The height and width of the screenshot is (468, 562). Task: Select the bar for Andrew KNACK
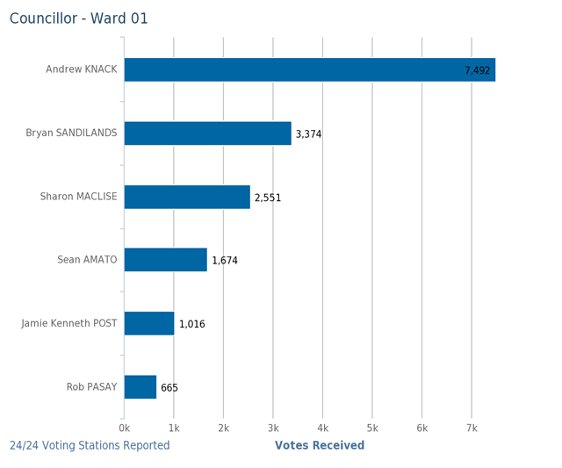tap(309, 70)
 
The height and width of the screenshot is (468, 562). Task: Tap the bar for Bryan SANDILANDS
tap(207, 133)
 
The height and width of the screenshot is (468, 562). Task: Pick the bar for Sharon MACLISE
tap(187, 197)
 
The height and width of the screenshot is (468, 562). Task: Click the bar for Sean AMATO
tap(165, 260)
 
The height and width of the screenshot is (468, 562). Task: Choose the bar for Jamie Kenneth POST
tap(149, 323)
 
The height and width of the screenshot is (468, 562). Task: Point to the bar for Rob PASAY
tap(140, 387)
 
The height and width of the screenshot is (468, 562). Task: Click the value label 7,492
tap(478, 71)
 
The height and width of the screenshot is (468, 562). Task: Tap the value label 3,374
tap(308, 134)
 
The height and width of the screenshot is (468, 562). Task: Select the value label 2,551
tap(268, 198)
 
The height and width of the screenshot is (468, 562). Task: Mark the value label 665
tap(169, 388)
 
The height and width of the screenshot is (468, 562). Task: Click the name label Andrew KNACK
tap(81, 69)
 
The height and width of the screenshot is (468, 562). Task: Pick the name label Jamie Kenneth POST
tap(69, 324)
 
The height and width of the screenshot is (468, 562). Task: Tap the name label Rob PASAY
tap(91, 387)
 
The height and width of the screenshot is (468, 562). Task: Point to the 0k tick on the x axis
tap(124, 428)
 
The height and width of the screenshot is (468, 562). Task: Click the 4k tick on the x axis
tap(322, 428)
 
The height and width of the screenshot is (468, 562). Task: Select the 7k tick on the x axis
tap(472, 428)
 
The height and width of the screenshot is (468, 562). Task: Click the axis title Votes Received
tap(320, 446)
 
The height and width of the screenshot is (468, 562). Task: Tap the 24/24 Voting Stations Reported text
tap(90, 446)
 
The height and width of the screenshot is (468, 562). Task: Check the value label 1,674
tap(225, 261)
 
